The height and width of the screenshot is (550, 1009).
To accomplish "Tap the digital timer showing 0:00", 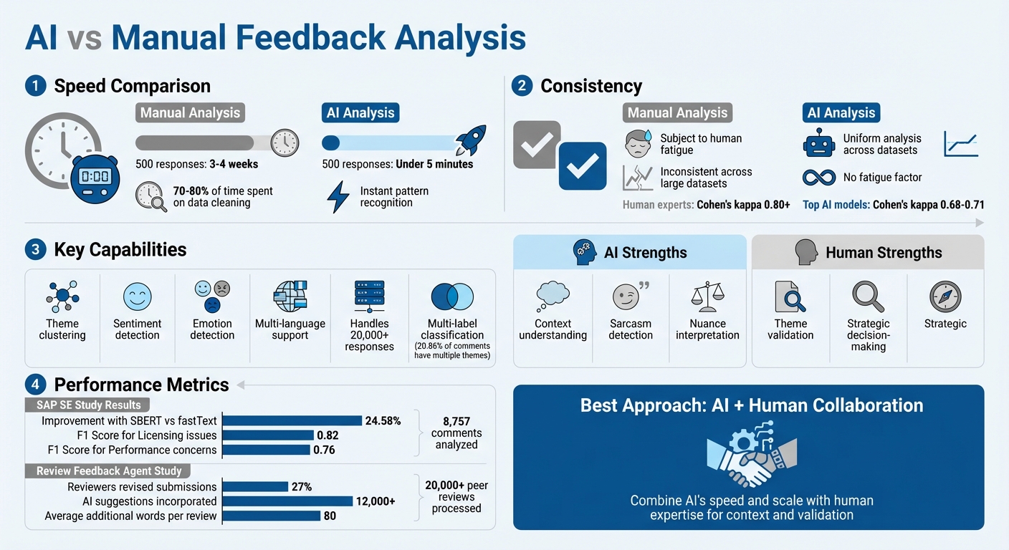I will coord(95,175).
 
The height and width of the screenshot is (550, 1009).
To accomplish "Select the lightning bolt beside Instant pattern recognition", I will coord(338,197).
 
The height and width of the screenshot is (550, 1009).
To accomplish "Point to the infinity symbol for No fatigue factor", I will coord(819,177).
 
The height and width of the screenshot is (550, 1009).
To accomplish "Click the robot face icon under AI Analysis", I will coord(819,143).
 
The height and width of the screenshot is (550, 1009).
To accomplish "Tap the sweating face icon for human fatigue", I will coord(637,143).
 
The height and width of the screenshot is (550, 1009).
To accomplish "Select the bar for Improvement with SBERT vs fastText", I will coord(292,420).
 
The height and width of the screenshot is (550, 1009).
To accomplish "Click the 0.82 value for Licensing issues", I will coord(327,435).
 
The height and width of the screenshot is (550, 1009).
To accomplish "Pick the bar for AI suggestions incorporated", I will coord(287,501).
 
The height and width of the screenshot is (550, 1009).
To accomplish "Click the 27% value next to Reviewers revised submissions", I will coord(301,486).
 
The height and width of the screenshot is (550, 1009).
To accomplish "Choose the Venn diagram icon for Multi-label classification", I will coord(452,296).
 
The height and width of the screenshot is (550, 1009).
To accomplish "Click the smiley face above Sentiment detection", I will coord(137,296).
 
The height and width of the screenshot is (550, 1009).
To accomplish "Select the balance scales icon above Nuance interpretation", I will coord(707,295).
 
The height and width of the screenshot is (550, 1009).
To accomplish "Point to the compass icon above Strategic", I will coord(945,295).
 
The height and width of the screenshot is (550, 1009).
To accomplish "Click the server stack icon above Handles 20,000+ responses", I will coord(369,295).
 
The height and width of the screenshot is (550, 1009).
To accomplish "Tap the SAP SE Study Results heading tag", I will coord(87,405).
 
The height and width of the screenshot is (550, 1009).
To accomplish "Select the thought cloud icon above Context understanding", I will coord(553,294).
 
